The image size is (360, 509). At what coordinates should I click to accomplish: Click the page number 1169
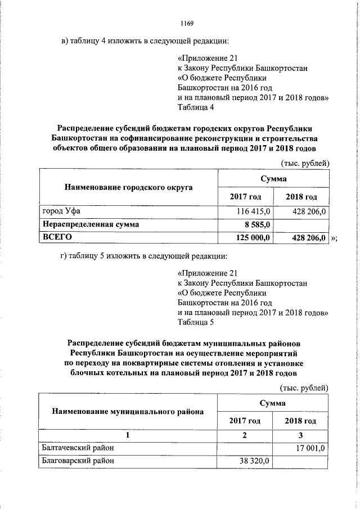(187, 23)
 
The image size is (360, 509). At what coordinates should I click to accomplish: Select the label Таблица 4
(195, 106)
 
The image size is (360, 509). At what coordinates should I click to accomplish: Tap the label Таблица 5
(195, 322)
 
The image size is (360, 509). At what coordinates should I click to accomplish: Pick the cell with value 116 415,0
(256, 211)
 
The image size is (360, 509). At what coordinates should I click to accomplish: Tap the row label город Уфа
(63, 211)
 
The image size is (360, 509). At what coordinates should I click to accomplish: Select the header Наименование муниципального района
(128, 411)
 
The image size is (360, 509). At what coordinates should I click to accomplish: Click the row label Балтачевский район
(78, 448)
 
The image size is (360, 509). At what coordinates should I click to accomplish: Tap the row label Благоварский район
(78, 461)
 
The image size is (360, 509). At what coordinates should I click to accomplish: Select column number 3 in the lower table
(300, 435)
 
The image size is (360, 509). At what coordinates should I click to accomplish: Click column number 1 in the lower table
(128, 435)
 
